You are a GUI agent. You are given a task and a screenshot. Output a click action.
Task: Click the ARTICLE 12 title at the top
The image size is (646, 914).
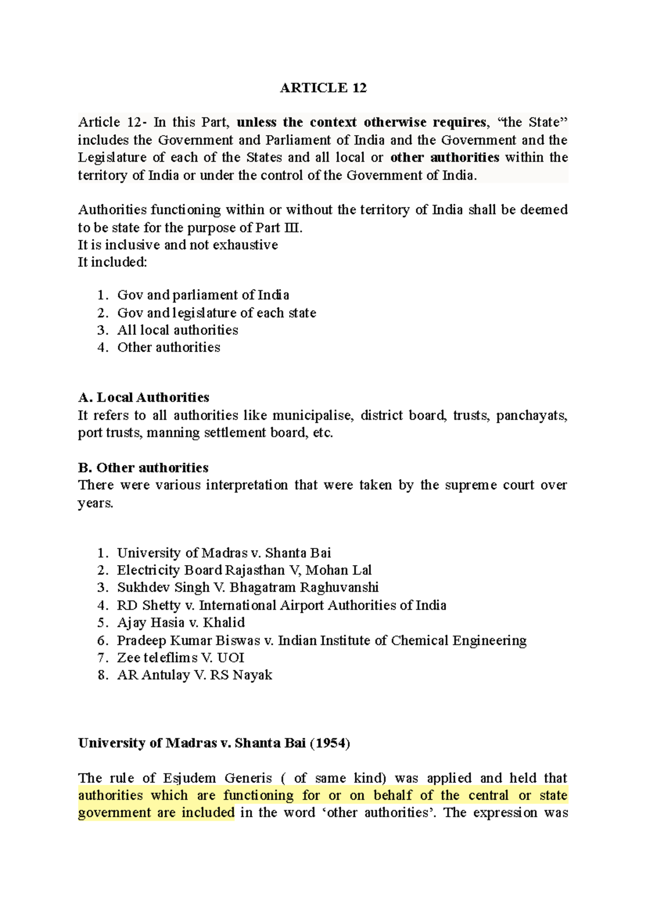pyautogui.click(x=323, y=88)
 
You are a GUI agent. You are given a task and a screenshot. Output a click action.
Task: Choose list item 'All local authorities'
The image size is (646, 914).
pyautogui.click(x=178, y=330)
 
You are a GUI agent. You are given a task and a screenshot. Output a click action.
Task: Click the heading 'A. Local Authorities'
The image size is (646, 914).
pyautogui.click(x=143, y=398)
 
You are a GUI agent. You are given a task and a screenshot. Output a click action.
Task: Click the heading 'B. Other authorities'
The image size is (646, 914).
pyautogui.click(x=143, y=468)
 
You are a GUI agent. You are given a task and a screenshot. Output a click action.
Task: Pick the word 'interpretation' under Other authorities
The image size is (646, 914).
pyautogui.click(x=247, y=485)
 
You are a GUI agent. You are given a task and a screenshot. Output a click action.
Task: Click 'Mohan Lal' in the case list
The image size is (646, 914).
pyautogui.click(x=339, y=570)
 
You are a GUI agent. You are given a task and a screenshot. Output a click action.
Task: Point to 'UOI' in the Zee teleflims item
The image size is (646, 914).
pyautogui.click(x=231, y=658)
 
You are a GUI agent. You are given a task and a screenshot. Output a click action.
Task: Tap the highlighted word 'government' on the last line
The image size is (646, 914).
pyautogui.click(x=114, y=813)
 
